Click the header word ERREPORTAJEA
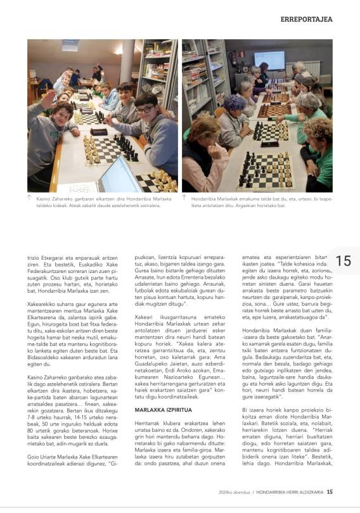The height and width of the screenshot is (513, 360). pyautogui.click(x=306, y=19)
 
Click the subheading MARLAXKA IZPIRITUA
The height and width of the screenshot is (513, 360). pyautogui.click(x=164, y=410)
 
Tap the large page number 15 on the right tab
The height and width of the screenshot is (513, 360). pyautogui.click(x=344, y=261)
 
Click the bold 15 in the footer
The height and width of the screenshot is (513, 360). pyautogui.click(x=330, y=491)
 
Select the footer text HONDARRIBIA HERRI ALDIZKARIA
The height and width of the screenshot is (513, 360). pyautogui.click(x=290, y=492)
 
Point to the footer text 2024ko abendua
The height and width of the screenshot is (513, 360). pyautogui.click(x=235, y=492)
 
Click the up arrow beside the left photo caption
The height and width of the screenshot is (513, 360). pyautogui.click(x=29, y=197)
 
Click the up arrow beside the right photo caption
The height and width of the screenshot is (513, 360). pyautogui.click(x=184, y=197)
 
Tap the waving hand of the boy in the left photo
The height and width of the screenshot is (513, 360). pyautogui.click(x=48, y=98)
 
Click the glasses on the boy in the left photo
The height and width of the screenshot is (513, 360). pyautogui.click(x=145, y=110)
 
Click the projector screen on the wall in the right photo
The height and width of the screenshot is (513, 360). pyautogui.click(x=269, y=60)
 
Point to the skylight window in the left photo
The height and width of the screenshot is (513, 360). pyautogui.click(x=71, y=45)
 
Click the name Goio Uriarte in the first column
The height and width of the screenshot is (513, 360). pyautogui.click(x=42, y=457)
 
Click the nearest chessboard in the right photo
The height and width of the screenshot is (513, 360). pyautogui.click(x=266, y=172)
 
